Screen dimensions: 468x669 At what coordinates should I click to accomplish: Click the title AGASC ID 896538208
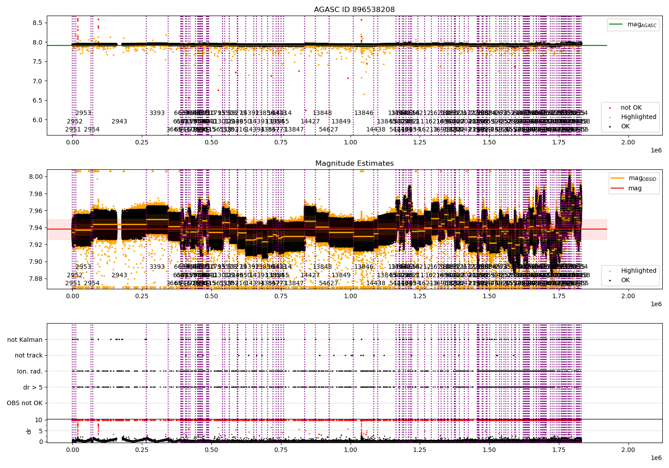pyautogui.click(x=354, y=10)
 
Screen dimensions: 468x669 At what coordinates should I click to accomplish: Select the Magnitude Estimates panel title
pyautogui.click(x=354, y=164)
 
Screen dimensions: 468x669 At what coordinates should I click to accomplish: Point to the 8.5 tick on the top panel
pyautogui.click(x=37, y=23)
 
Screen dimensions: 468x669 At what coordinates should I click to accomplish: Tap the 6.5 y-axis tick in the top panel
pyautogui.click(x=37, y=100)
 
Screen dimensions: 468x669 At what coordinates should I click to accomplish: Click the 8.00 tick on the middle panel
pyautogui.click(x=36, y=177)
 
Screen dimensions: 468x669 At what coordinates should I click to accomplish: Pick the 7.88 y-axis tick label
pyautogui.click(x=36, y=279)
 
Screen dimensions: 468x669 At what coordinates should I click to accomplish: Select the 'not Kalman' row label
pyautogui.click(x=25, y=340)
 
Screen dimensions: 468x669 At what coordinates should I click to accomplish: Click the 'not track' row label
pyautogui.click(x=29, y=356)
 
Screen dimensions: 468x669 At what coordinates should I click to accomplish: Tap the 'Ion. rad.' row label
pyautogui.click(x=30, y=371)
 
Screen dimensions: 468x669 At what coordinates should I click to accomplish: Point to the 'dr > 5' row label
pyautogui.click(x=33, y=387)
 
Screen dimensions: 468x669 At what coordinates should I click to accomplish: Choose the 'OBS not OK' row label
pyautogui.click(x=25, y=403)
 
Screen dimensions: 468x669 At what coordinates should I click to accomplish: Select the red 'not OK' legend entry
pyautogui.click(x=631, y=108)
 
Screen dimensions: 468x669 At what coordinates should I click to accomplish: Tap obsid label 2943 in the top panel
pyautogui.click(x=119, y=121)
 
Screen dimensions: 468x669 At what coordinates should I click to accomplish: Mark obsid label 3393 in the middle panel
pyautogui.click(x=157, y=267)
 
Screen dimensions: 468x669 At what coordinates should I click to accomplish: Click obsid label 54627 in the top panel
pyautogui.click(x=328, y=129)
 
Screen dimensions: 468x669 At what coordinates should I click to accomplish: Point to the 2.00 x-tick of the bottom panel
pyautogui.click(x=628, y=450)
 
